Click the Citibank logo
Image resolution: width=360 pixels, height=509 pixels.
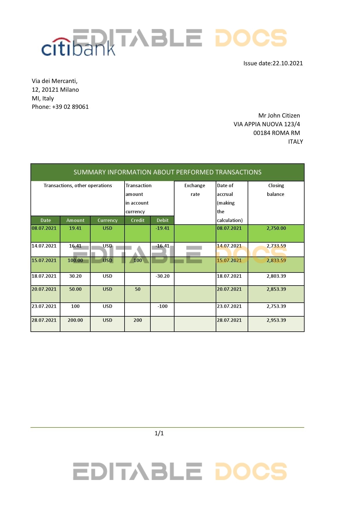tap(78, 47)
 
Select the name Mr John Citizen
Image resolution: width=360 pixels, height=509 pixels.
tap(279, 115)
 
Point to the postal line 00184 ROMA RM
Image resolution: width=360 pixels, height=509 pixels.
tap(276, 133)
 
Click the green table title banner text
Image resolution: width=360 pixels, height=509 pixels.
tap(167, 172)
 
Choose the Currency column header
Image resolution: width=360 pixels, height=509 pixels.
tap(107, 220)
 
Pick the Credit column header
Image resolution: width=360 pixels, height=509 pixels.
tap(138, 220)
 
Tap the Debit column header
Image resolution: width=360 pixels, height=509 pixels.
tap(163, 220)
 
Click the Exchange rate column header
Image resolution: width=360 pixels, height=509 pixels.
tap(195, 190)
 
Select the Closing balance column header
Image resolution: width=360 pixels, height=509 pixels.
tap(276, 190)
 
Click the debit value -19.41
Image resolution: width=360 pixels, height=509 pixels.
tap(163, 228)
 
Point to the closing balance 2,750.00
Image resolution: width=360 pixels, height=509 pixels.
tap(276, 228)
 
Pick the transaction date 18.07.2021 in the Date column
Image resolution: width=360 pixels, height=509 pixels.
tap(44, 276)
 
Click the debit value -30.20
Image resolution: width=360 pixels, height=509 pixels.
tap(163, 276)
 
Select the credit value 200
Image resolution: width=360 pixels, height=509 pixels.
tap(138, 320)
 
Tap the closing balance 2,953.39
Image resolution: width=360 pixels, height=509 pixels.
tap(276, 320)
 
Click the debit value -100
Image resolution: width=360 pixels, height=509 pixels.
tap(163, 306)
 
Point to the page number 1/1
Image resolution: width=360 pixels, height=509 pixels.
tap(159, 433)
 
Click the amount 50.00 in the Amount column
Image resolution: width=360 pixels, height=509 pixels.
tap(75, 289)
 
